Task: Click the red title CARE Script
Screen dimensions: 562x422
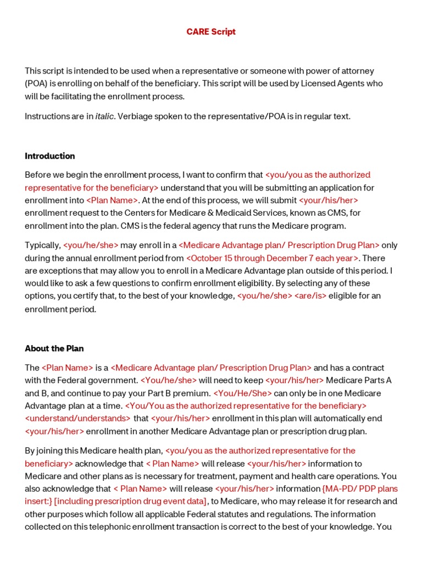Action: (211, 32)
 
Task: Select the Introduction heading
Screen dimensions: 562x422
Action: (50, 156)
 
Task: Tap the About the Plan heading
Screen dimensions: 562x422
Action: (54, 349)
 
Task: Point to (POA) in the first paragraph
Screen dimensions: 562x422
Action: (36, 83)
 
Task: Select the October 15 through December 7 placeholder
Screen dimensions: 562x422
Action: (273, 258)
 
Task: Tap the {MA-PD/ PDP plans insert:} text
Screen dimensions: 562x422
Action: (360, 488)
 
